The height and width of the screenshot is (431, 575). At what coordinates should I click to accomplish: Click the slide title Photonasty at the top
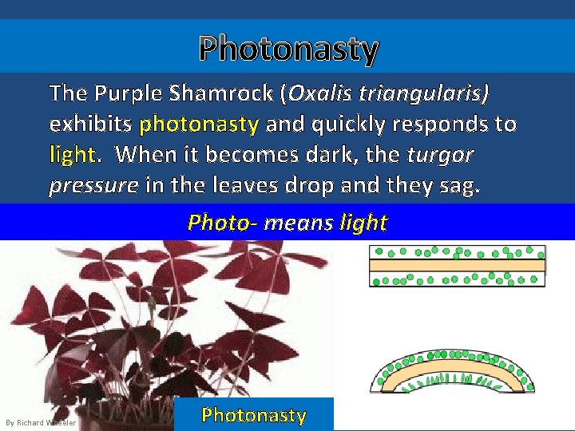[x=288, y=49]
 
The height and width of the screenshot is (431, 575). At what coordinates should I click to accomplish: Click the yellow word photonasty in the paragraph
[x=199, y=125]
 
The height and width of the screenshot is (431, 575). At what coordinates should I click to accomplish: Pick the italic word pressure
[x=93, y=185]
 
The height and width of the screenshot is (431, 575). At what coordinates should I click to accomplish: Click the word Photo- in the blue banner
[x=221, y=223]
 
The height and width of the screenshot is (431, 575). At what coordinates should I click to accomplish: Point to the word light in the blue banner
[x=363, y=223]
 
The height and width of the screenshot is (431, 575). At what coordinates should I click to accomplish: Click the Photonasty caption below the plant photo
[x=254, y=415]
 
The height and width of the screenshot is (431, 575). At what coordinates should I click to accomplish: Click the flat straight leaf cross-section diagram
[x=457, y=267]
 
